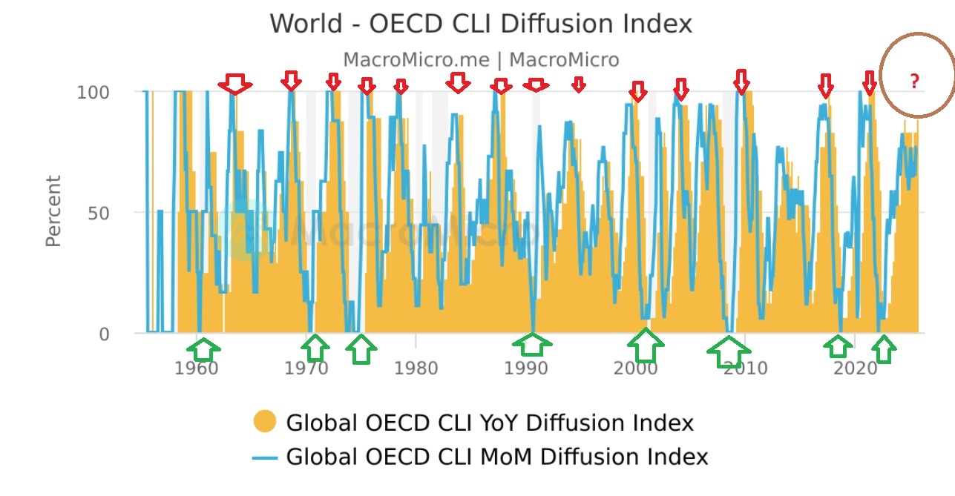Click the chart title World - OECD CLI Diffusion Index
480,24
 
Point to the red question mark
914,82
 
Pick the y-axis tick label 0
103,334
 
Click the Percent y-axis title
53,211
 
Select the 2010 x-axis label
745,368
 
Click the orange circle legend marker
264,422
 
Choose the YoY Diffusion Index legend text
490,423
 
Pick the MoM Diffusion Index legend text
497,457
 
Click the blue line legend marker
264,457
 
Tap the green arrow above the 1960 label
206,348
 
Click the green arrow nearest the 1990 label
532,345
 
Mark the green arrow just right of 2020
883,348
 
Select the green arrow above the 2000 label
646,346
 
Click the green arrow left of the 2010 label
728,352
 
